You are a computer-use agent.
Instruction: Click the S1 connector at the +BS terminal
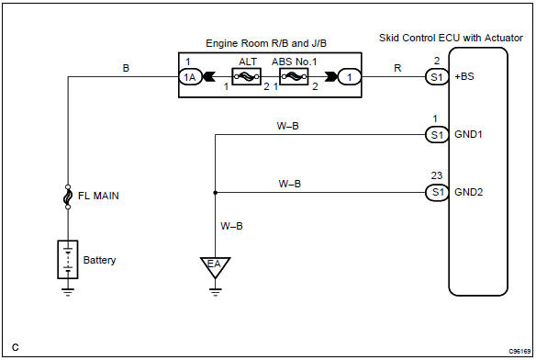pos(437,78)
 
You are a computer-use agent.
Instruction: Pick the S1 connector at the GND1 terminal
pos(437,135)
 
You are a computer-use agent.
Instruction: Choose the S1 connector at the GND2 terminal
pos(437,193)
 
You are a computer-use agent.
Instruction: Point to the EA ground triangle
pos(214,267)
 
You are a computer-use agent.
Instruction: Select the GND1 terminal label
pos(468,135)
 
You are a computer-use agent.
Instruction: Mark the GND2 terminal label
pos(468,193)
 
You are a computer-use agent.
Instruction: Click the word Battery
pos(99,260)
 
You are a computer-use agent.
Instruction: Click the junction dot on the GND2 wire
pos(214,193)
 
